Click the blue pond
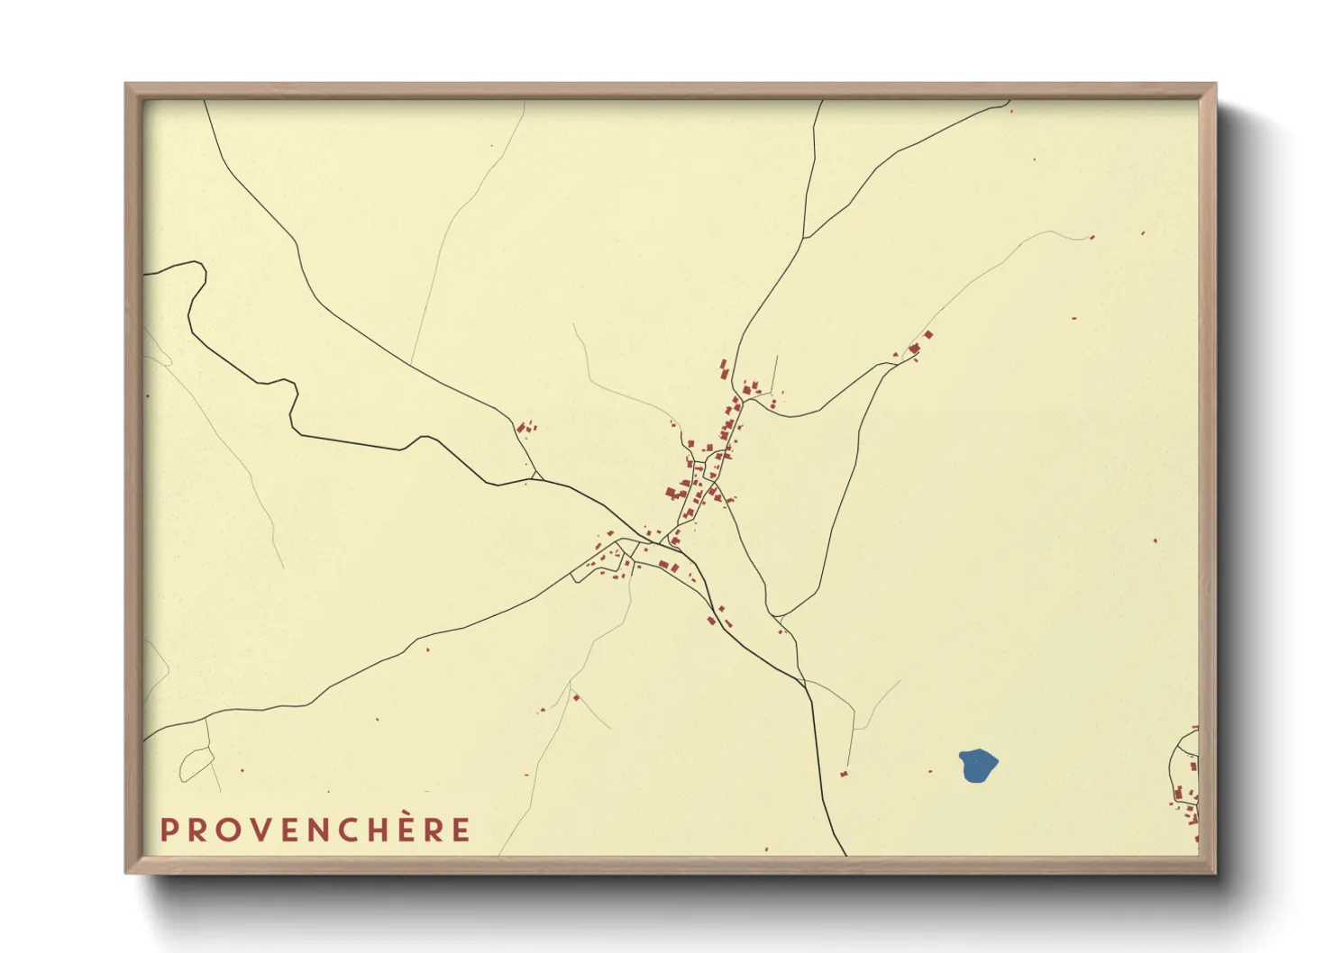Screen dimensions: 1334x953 pos(978,766)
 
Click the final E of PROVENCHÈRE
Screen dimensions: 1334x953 pos(461,830)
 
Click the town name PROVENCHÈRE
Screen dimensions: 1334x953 pos(315,830)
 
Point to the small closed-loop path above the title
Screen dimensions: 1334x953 pos(195,766)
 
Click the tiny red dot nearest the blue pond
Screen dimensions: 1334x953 pos(932,771)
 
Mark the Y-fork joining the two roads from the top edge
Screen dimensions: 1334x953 pos(804,238)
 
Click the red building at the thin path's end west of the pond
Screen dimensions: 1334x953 pos(844,774)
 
